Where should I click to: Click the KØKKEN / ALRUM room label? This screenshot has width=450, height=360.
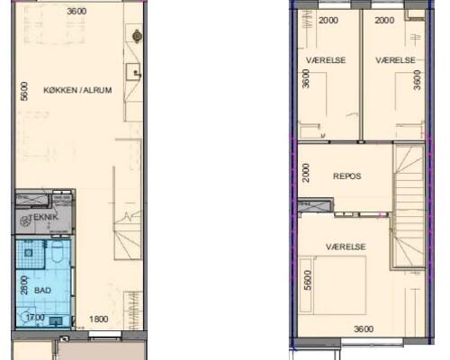coord(77,90)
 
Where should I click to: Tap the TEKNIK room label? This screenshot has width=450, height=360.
coord(44,217)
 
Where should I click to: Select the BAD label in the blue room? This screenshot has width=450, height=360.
coord(42,291)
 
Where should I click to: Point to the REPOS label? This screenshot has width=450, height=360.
coord(347,176)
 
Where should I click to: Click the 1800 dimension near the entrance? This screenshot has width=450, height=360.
coord(99,319)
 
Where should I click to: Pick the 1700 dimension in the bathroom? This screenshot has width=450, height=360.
coord(35,317)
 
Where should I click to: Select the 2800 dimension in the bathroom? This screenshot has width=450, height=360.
coord(24,285)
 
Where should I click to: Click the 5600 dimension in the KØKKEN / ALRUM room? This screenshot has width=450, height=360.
coord(24,91)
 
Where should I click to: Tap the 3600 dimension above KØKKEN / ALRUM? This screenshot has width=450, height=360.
coord(76,12)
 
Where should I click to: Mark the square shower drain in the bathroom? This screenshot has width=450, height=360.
coord(29,253)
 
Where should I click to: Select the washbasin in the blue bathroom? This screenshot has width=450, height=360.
coord(56,321)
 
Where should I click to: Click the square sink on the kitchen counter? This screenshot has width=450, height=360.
coord(133,72)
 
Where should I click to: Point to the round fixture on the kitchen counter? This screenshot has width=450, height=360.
coord(137,36)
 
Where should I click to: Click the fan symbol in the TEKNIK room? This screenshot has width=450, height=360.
coord(24,221)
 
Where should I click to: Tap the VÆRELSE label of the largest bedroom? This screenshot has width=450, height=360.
coord(346,247)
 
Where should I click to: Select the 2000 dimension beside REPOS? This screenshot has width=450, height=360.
coord(306,173)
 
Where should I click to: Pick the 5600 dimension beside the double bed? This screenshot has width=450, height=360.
coord(308,280)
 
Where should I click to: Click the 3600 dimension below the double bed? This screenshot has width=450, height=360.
coord(364,329)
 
